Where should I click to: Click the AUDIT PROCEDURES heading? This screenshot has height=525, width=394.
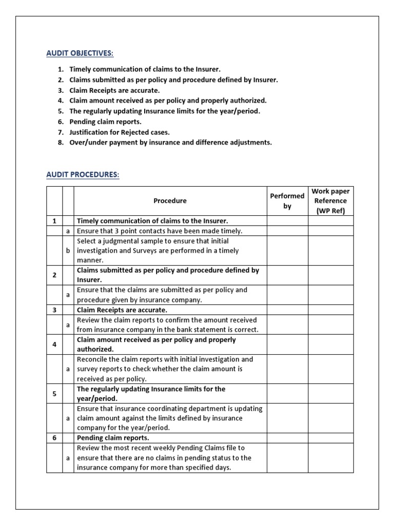click(x=83, y=175)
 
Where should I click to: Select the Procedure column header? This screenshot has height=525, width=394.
click(x=170, y=201)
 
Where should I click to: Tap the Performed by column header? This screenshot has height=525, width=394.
click(x=287, y=201)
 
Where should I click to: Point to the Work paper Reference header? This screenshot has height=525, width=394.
click(x=330, y=201)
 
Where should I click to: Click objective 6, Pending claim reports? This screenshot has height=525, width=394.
click(x=105, y=122)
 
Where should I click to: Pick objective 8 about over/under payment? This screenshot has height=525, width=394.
click(x=170, y=142)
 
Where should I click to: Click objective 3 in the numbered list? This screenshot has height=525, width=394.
click(x=111, y=90)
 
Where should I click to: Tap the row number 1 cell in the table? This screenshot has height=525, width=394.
click(x=54, y=221)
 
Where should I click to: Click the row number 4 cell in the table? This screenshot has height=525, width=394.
click(x=54, y=345)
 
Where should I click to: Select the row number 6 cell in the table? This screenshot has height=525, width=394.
click(x=54, y=438)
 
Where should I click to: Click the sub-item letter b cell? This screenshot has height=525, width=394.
click(x=68, y=251)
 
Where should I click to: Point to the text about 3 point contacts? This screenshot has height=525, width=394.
click(x=159, y=231)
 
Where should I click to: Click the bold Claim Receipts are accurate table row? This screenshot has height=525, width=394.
click(x=122, y=310)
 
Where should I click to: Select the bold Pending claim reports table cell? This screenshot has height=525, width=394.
click(x=113, y=438)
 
